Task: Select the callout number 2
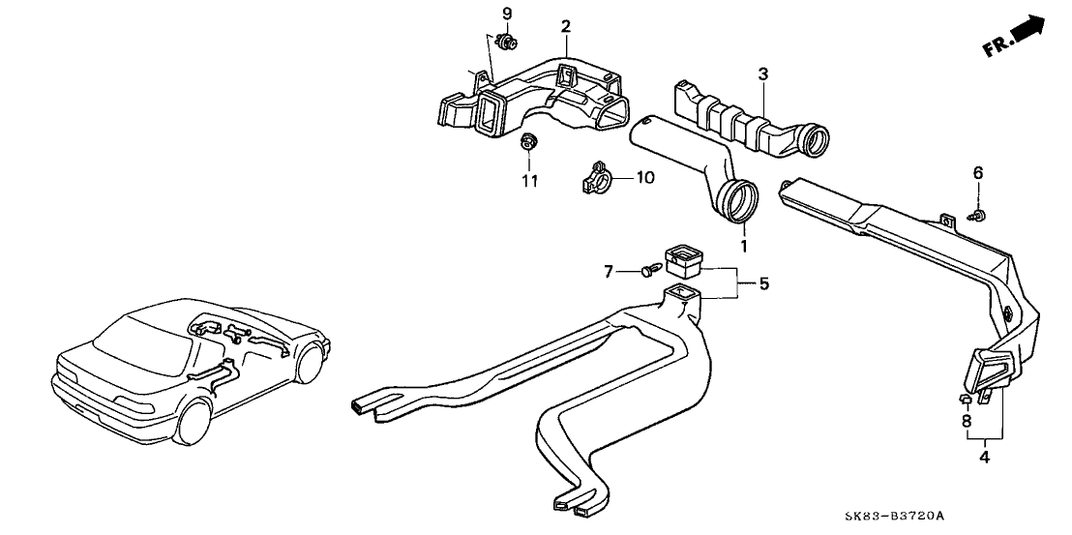[566, 25]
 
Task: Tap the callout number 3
[762, 73]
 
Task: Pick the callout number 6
[978, 172]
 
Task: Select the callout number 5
[763, 283]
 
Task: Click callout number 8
[965, 422]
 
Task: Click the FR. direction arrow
[1015, 37]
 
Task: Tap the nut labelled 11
[528, 144]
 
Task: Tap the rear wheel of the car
[197, 423]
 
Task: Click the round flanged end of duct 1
[741, 200]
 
